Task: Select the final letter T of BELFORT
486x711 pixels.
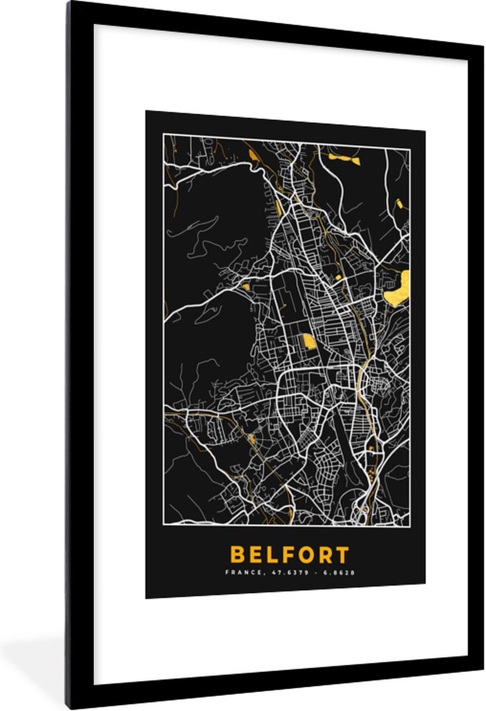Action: [x=342, y=555]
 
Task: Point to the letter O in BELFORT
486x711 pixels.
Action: [x=300, y=555]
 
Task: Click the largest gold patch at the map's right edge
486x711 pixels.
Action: [x=397, y=288]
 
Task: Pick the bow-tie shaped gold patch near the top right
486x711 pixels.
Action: [x=344, y=158]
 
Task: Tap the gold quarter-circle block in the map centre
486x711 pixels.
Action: [x=308, y=342]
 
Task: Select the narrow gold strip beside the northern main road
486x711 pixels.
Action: [x=279, y=207]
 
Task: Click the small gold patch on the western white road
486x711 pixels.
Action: [x=245, y=287]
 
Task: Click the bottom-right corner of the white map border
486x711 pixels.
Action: [x=410, y=526]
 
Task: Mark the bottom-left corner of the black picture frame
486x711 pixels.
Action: [x=69, y=706]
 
